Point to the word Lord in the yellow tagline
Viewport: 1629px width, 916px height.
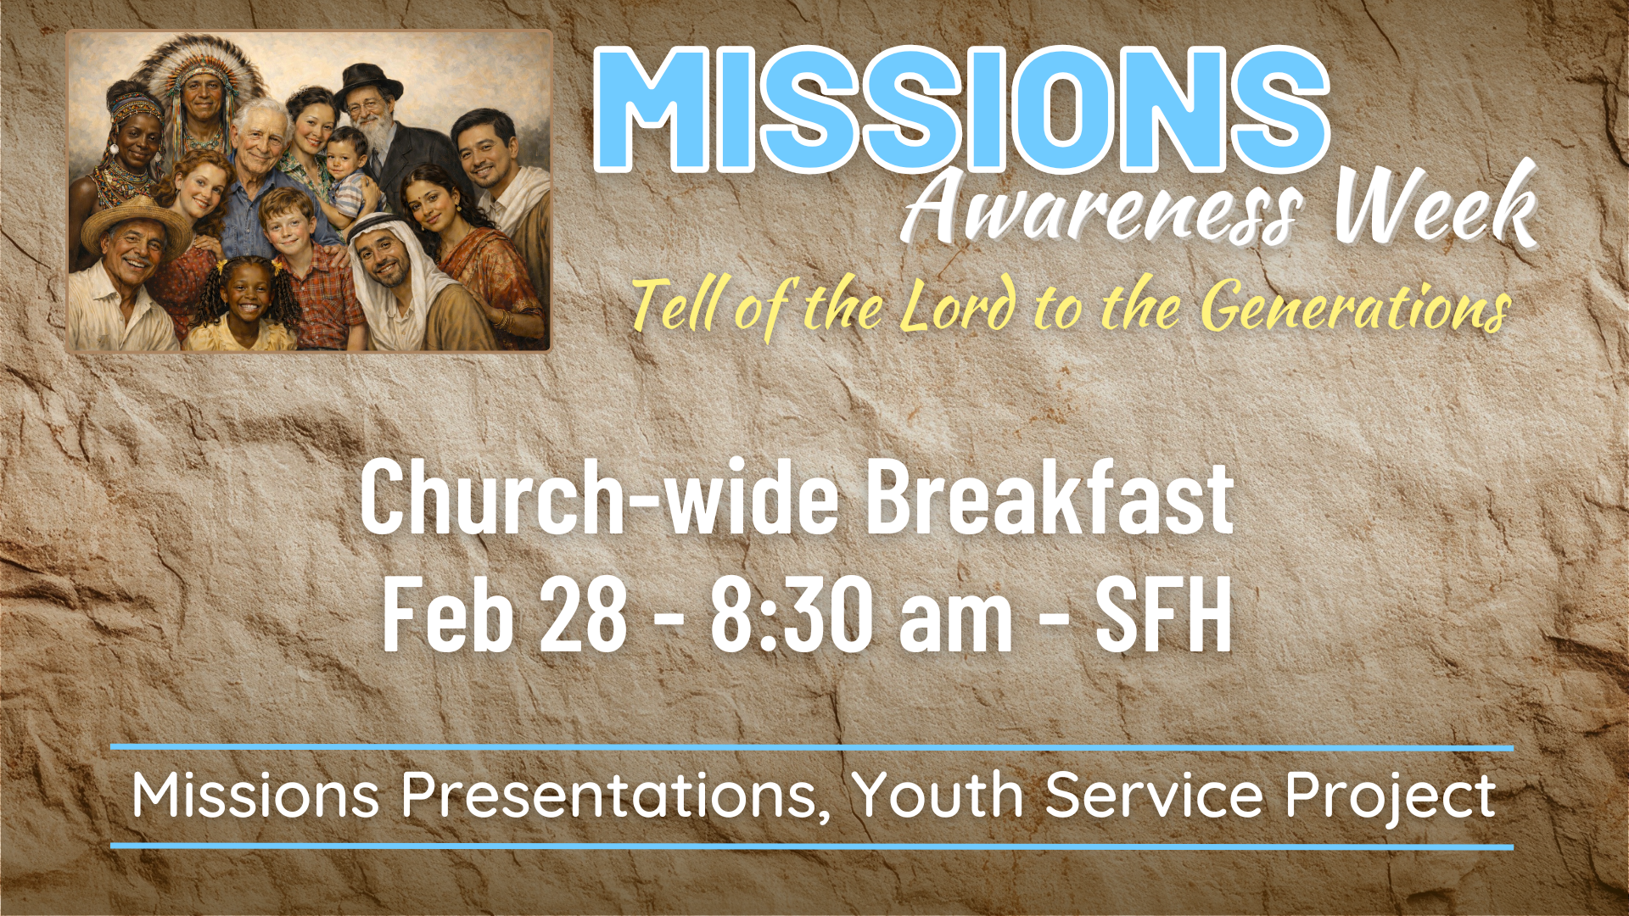click(958, 304)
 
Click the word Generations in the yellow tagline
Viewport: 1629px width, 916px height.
click(1357, 307)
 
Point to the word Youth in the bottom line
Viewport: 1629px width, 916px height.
click(938, 796)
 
